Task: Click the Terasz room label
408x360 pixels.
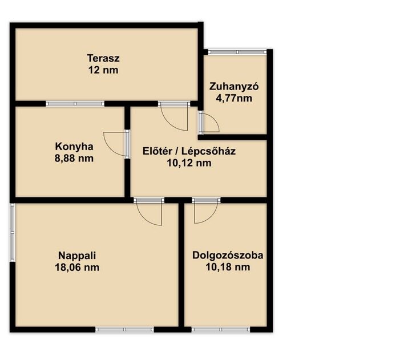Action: click(x=103, y=58)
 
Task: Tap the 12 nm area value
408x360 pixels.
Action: click(x=103, y=70)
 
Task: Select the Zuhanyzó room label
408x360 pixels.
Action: click(x=234, y=86)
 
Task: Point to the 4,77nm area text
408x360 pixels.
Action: click(x=234, y=98)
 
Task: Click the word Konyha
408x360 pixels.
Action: click(x=74, y=147)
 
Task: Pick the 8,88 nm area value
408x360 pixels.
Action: click(x=74, y=159)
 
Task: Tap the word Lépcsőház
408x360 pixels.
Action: click(x=208, y=151)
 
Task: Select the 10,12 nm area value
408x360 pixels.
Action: click(x=189, y=163)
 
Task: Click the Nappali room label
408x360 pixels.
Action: click(x=77, y=256)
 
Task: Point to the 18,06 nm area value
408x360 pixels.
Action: click(x=77, y=268)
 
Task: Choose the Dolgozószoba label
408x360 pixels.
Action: click(x=228, y=255)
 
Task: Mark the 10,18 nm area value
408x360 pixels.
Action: click(x=228, y=267)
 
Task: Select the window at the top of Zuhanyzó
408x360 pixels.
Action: click(x=237, y=52)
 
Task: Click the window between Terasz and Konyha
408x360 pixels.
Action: click(x=75, y=103)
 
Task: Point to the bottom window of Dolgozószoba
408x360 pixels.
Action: click(x=221, y=330)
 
